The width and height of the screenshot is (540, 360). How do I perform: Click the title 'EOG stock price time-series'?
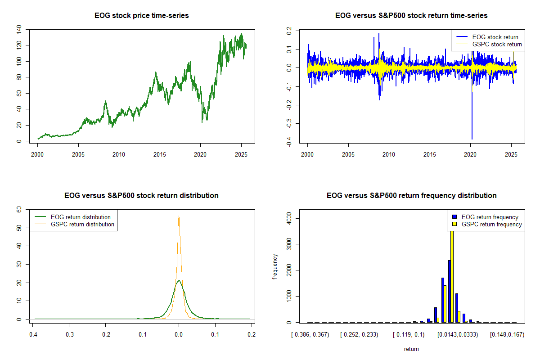[141, 16]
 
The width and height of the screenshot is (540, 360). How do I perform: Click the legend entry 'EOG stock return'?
[495, 37]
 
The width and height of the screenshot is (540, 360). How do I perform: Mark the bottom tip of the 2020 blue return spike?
[472, 139]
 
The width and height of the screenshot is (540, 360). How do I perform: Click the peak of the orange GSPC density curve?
[179, 216]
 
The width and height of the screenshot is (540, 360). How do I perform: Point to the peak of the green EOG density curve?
[179, 280]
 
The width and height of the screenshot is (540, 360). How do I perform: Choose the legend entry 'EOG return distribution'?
[81, 217]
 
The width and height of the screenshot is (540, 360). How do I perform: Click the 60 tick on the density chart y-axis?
[19, 210]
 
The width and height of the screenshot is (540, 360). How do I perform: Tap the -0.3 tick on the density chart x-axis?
[68, 335]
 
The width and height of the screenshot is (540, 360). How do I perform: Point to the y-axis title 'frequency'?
[275, 266]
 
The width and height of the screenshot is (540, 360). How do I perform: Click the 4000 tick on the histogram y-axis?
[289, 218]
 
